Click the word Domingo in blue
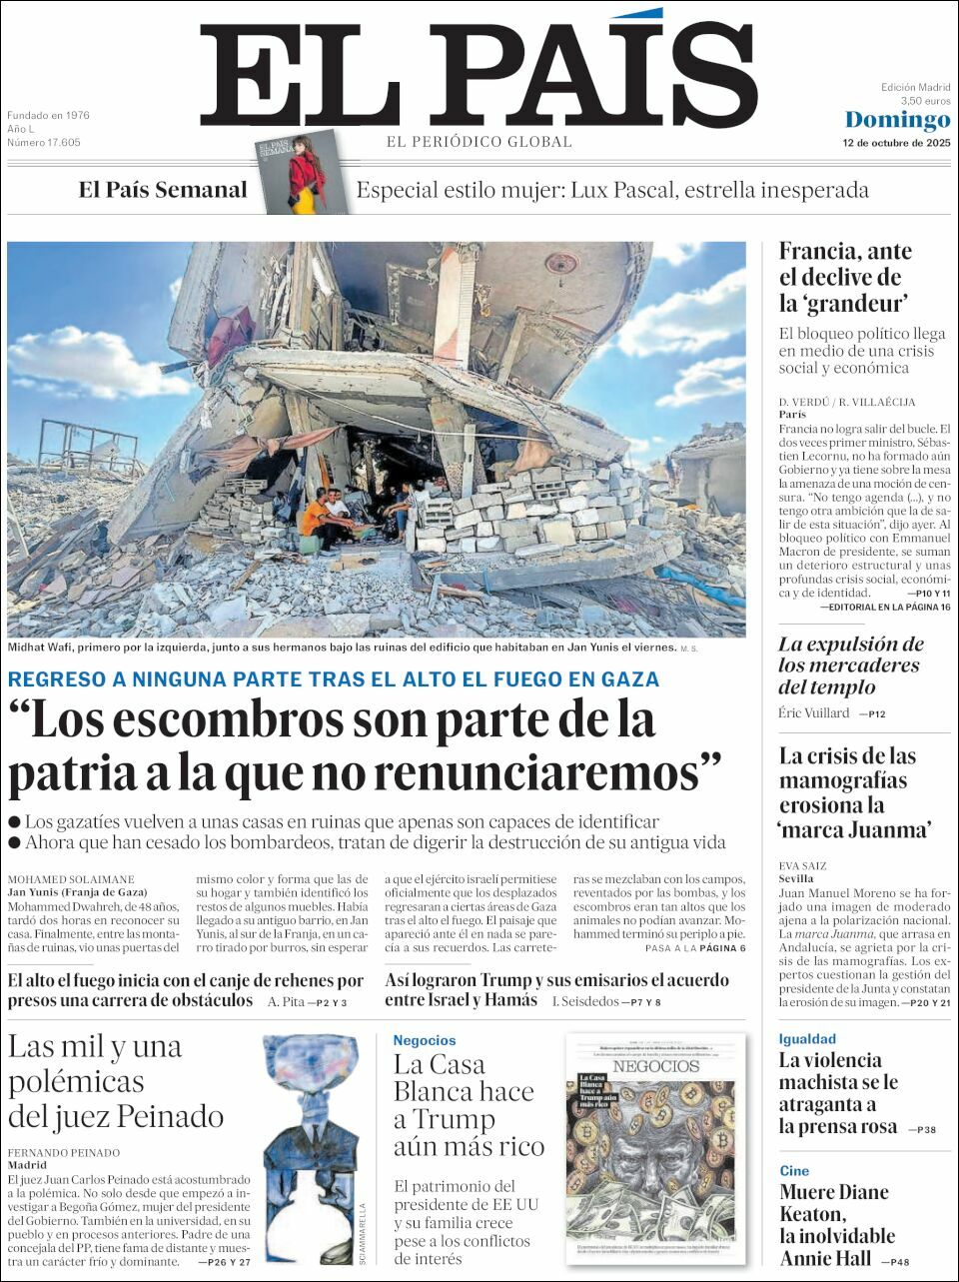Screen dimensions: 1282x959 tap(897, 120)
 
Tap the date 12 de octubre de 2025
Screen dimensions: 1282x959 tap(896, 143)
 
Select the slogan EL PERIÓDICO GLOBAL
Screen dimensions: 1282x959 tap(479, 142)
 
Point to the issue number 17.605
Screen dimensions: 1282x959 tap(44, 143)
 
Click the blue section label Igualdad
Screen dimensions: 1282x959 tap(807, 1039)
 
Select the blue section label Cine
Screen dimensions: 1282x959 tap(794, 1171)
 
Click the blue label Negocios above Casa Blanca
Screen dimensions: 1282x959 tap(424, 1040)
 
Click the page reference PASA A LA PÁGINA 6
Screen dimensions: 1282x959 tap(695, 948)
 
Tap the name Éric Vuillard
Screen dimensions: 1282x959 tap(814, 713)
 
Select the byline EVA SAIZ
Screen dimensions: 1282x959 tap(803, 866)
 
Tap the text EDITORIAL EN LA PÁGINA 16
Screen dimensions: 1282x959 tap(884, 607)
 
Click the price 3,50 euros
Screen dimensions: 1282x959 tap(925, 101)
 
